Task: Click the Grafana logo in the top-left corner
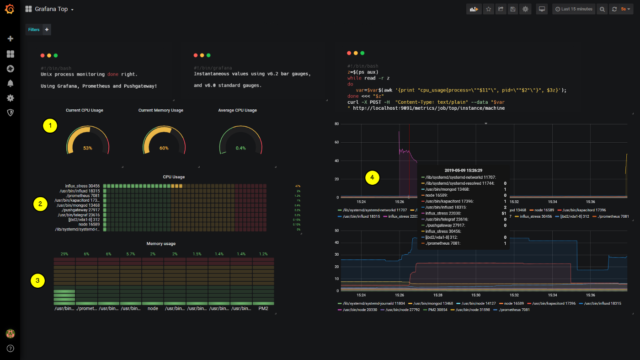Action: pyautogui.click(x=10, y=9)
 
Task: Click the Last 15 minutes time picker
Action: pyautogui.click(x=573, y=9)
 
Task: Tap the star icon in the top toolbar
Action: pyautogui.click(x=488, y=9)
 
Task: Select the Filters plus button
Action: pyautogui.click(x=47, y=30)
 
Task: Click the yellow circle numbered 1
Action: pyautogui.click(x=50, y=126)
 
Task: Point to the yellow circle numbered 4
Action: pyautogui.click(x=373, y=177)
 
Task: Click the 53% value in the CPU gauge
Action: pyautogui.click(x=87, y=148)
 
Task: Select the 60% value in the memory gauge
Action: pyautogui.click(x=164, y=148)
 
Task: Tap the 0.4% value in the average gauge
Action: pyautogui.click(x=240, y=148)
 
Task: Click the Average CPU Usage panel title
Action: pyautogui.click(x=237, y=110)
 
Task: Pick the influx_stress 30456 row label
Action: pyautogui.click(x=82, y=186)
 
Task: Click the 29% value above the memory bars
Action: pyautogui.click(x=64, y=254)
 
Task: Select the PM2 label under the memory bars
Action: pyautogui.click(x=263, y=309)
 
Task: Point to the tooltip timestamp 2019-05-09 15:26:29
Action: pyautogui.click(x=464, y=170)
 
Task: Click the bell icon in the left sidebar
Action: pyautogui.click(x=10, y=83)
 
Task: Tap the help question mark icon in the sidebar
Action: pyautogui.click(x=10, y=349)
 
